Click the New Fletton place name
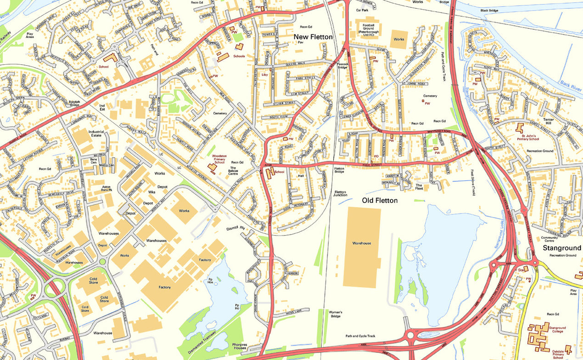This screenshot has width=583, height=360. pyautogui.click(x=313, y=36)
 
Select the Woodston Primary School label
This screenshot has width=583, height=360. pyautogui.click(x=219, y=159)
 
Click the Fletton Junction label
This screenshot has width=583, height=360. pyautogui.click(x=340, y=193)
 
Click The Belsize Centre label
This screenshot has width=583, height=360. pyautogui.click(x=237, y=171)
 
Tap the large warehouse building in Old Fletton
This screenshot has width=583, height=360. pyautogui.click(x=362, y=247)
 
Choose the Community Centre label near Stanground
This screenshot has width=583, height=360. pyautogui.click(x=549, y=239)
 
